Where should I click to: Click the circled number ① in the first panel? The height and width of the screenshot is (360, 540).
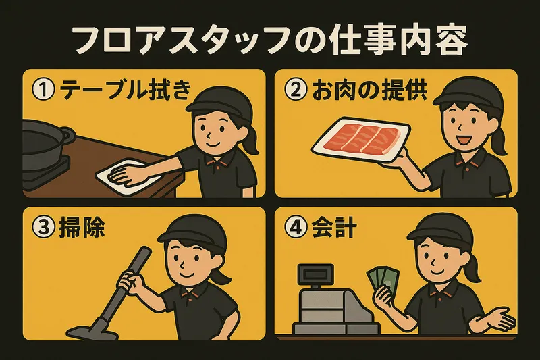pos(43,90)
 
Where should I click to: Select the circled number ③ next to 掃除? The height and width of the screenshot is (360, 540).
pos(43,228)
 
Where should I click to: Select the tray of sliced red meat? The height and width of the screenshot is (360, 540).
pos(361,140)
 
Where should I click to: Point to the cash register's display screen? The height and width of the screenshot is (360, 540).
pos(315,274)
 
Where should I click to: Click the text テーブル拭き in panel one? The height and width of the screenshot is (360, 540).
pos(126,90)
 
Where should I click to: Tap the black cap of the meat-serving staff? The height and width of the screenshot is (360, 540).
pos(466,93)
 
